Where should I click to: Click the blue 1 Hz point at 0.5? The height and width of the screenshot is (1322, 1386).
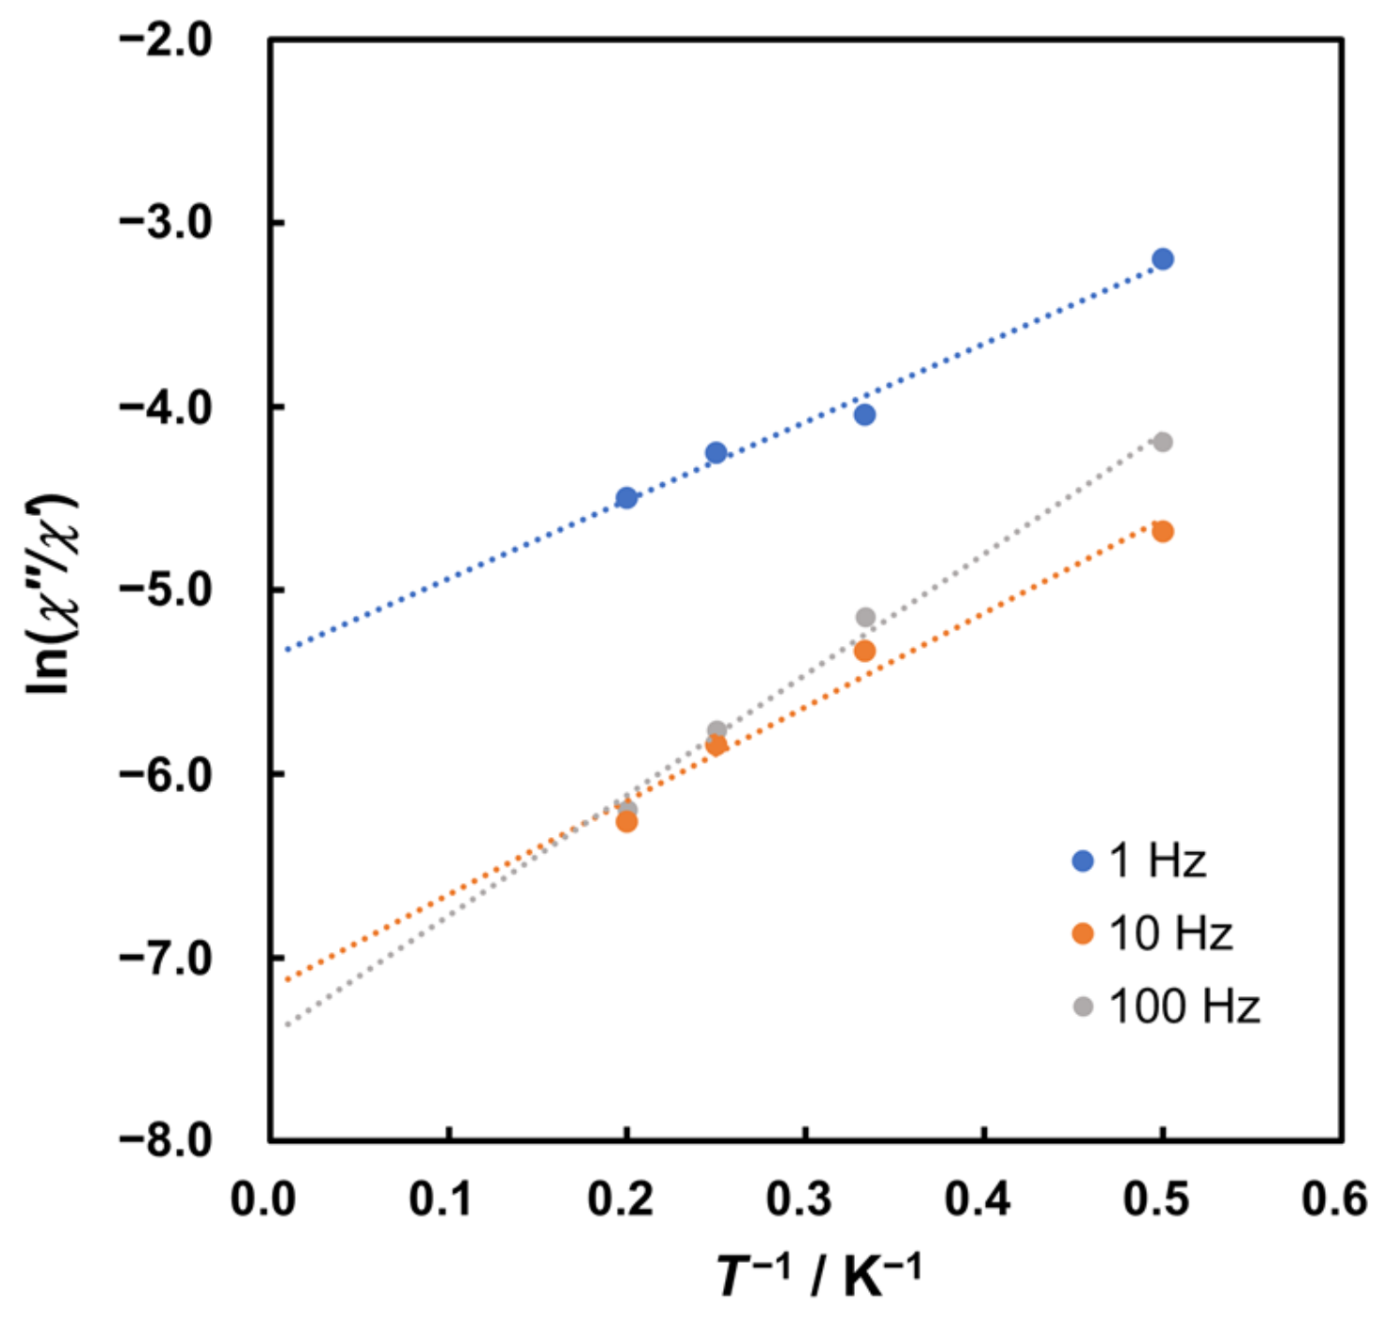pos(1162,259)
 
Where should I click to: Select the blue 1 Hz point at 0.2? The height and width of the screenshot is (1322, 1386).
pos(626,498)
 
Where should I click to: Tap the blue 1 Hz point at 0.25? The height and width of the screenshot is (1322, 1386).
pos(716,453)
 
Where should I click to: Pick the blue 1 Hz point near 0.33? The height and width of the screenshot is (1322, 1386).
pos(864,414)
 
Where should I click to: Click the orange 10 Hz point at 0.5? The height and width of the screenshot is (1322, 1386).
pos(1162,532)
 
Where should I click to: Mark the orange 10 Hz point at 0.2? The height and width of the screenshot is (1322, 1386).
pos(626,822)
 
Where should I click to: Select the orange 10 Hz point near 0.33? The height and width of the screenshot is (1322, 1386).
pos(864,651)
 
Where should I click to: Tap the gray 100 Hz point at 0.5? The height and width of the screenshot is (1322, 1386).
pos(1162,442)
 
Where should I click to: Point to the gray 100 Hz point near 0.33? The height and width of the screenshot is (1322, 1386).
pos(864,618)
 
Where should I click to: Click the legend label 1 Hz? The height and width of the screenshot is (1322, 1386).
pos(1157,861)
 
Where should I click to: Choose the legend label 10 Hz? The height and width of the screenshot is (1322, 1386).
pos(1170,934)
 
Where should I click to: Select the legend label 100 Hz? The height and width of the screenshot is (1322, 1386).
pos(1184,1007)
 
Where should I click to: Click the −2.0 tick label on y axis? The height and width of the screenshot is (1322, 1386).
pos(166,40)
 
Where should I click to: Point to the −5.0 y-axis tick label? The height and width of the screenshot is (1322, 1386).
pos(166,589)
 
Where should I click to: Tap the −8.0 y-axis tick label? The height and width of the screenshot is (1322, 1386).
pos(166,1139)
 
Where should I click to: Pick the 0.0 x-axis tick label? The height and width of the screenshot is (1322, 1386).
pos(263,1200)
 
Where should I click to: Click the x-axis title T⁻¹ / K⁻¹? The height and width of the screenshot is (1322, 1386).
pos(817,1277)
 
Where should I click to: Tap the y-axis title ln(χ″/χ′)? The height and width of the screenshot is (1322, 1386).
pos(52,593)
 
